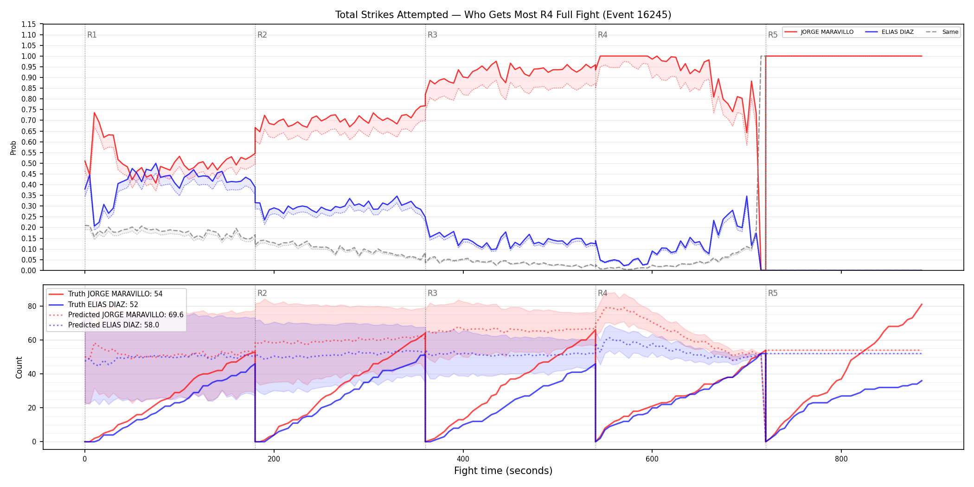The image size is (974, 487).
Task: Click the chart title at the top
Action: (x=503, y=15)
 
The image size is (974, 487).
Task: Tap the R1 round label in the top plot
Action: (x=92, y=35)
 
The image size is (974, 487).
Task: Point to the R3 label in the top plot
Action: (x=432, y=35)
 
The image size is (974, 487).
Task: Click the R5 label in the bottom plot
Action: (x=773, y=293)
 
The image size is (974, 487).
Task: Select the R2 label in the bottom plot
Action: (x=262, y=293)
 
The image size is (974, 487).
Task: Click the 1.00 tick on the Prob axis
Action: (x=29, y=56)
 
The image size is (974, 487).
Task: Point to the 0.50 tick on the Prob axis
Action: (x=29, y=163)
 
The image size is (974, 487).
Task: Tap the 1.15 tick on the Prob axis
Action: (x=29, y=24)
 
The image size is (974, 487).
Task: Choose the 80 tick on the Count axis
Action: (x=32, y=306)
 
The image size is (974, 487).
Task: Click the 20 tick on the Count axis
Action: (x=32, y=408)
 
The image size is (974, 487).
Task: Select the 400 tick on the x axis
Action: (x=463, y=459)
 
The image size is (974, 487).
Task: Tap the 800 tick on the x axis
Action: (x=841, y=459)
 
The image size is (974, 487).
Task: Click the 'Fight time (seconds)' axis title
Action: (x=503, y=471)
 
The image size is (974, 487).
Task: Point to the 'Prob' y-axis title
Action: (x=13, y=147)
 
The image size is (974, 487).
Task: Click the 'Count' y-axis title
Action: (x=19, y=367)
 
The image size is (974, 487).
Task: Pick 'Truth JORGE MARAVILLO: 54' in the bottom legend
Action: (x=115, y=294)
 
